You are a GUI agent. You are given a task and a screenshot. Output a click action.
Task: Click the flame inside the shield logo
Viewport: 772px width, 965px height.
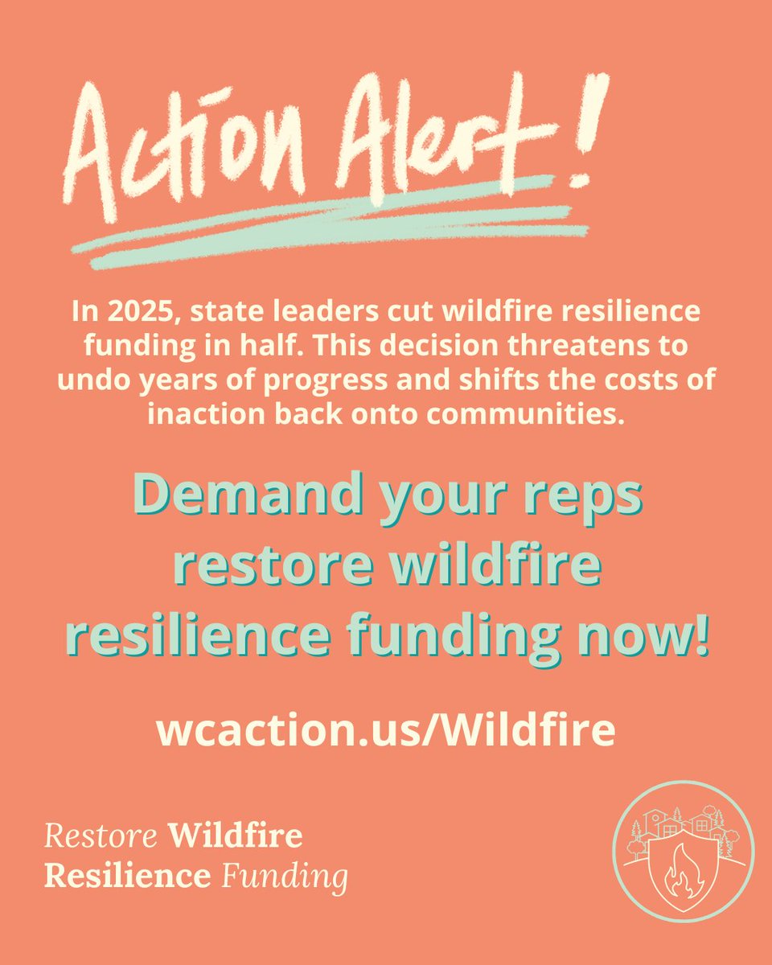(x=683, y=873)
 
